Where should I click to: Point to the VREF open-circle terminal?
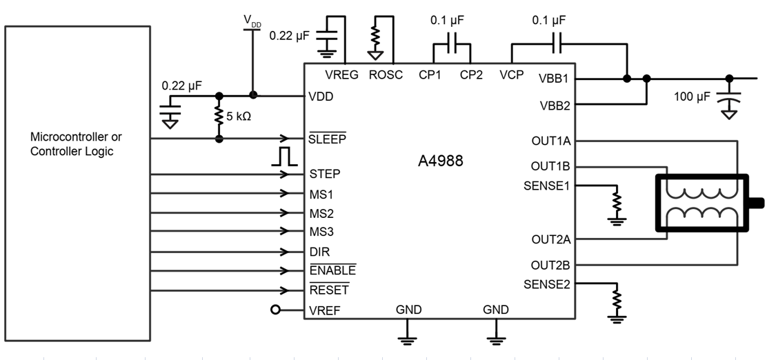click(276, 310)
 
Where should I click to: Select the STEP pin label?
click(325, 174)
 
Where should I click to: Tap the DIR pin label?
click(320, 252)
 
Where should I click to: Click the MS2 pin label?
click(321, 212)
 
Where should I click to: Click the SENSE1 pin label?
click(547, 186)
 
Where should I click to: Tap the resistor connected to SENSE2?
click(617, 299)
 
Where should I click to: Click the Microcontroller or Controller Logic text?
click(76, 145)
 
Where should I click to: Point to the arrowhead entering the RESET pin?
click(283, 290)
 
